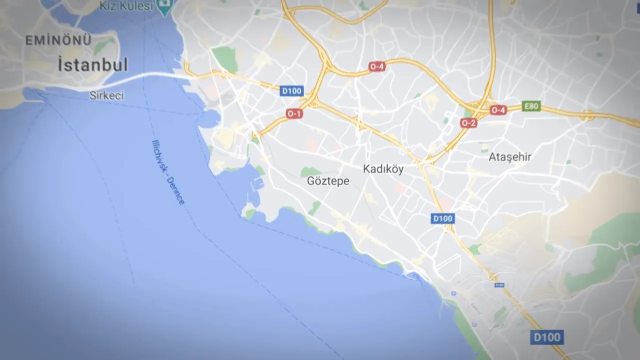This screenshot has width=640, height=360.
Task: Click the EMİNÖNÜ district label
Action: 58,40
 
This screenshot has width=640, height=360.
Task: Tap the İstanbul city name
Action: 92,65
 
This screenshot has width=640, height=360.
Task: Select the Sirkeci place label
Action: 106,95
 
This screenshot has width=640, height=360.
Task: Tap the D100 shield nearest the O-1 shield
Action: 291,91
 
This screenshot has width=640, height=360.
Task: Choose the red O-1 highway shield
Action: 294,113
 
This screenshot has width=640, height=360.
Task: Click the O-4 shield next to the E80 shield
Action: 498,110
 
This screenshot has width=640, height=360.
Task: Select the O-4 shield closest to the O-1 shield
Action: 376,66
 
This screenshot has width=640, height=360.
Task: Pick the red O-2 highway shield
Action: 468,123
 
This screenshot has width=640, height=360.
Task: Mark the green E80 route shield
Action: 531,106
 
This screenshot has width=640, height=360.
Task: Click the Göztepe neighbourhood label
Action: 328,181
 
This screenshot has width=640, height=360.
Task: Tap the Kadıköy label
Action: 383,169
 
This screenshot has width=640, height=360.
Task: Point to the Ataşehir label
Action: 509,157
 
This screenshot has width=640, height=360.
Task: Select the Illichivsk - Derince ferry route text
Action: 168,171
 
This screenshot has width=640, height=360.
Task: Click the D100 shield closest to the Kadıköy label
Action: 442,218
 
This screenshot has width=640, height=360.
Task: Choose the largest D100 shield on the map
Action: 546,337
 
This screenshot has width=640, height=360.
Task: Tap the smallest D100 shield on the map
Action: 499,285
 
